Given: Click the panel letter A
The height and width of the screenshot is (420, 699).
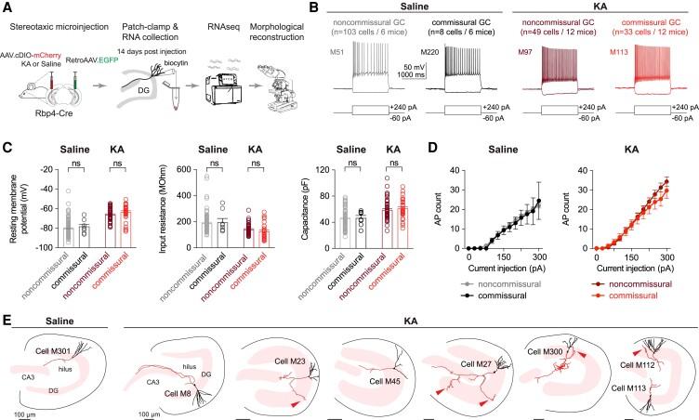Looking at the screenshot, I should [7, 7].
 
